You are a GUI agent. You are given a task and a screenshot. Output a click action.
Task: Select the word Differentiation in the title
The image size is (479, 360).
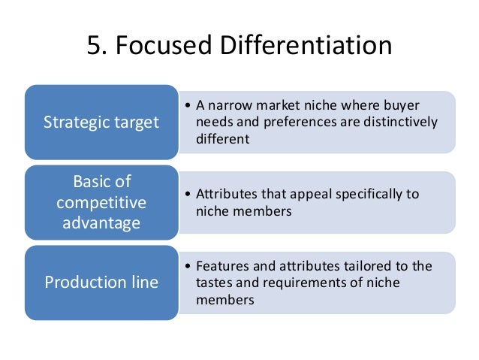coord(306,46)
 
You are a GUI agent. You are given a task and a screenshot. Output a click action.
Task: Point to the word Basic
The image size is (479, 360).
coord(101,183)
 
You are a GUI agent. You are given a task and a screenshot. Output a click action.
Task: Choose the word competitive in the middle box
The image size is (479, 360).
coord(101,203)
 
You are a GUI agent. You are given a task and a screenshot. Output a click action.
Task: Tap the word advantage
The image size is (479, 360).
coord(101,223)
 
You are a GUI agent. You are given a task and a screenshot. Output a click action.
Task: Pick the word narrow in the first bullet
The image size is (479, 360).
coord(229,106)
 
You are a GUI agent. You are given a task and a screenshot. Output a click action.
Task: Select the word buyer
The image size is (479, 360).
coord(402,106)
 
